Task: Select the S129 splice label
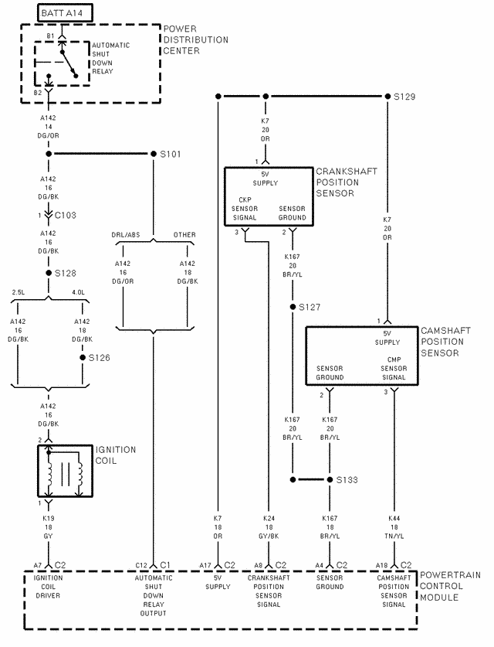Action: click(404, 97)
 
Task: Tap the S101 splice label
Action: click(170, 154)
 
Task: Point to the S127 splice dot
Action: click(293, 307)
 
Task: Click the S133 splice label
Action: click(347, 480)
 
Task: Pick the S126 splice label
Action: click(100, 358)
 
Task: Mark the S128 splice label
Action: click(66, 273)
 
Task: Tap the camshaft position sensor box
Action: click(362, 356)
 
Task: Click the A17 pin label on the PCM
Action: click(205, 566)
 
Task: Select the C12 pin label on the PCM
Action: click(141, 566)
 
